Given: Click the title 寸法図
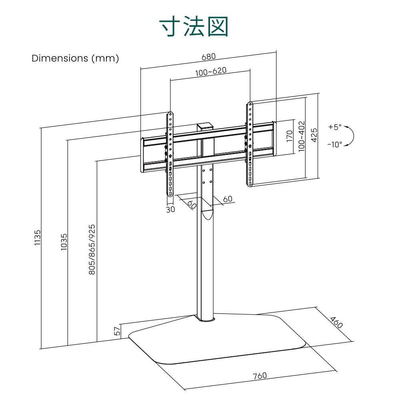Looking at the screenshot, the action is [194, 26].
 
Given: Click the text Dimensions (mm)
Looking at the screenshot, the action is [75, 58].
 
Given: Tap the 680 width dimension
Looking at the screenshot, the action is [208, 57].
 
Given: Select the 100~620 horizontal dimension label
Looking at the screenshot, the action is [211, 72].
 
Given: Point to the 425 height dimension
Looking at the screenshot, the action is [314, 135].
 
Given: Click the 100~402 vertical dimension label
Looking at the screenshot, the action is [302, 136].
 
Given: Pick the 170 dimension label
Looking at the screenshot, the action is [290, 136].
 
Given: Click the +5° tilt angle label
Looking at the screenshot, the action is [335, 127].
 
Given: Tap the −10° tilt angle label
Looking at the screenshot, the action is [335, 145].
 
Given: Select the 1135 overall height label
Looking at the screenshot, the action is [38, 238].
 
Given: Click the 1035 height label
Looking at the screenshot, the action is [64, 242].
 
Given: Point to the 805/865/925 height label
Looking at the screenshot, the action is [92, 250].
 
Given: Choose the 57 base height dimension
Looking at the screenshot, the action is [117, 331].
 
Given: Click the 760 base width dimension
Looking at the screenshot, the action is [260, 376].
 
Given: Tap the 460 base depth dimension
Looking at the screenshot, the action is [336, 322].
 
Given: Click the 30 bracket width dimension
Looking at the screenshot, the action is [170, 209].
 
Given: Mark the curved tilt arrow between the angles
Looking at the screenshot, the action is [353, 136].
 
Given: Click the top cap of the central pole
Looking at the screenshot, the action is [205, 126].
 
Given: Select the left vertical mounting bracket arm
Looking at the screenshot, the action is [170, 154].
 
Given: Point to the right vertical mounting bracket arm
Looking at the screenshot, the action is [250, 144].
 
